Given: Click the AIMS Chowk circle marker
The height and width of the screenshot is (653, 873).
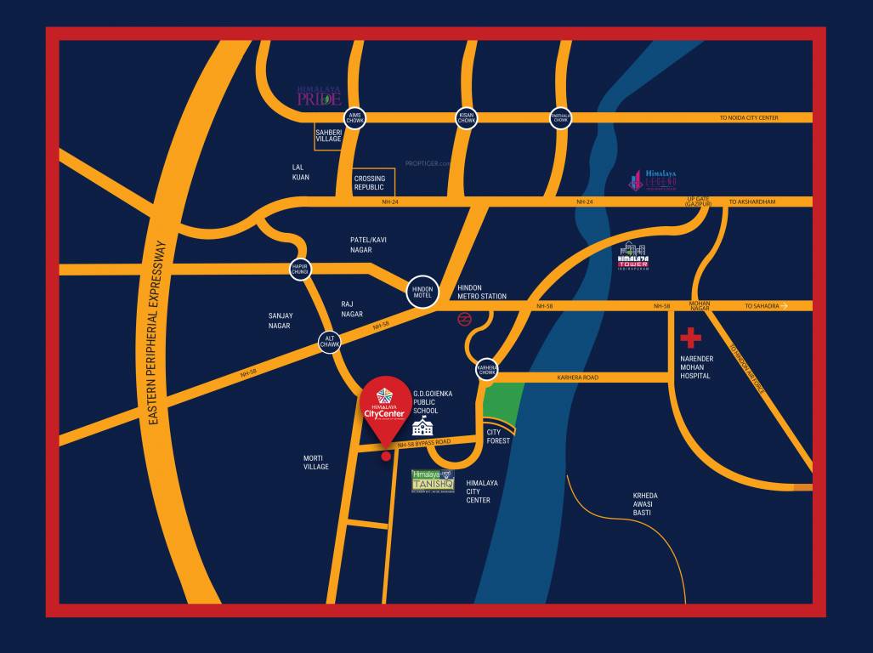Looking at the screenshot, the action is point(354,118).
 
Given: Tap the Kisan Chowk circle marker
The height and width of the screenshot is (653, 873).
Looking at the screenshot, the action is point(466,118).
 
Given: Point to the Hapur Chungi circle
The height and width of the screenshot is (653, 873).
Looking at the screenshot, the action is point(299,268).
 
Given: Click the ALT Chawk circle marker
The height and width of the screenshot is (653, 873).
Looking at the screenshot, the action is point(330,342).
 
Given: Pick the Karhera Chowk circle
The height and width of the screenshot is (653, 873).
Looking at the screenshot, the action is point(486,368).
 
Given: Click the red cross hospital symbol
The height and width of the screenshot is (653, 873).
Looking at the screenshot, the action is point(690,338).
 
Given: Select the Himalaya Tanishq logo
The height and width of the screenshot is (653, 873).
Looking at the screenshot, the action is point(434,480).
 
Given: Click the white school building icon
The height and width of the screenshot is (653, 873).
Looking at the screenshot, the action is point(422,428).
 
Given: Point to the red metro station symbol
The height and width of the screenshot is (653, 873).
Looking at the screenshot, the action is point(464,319).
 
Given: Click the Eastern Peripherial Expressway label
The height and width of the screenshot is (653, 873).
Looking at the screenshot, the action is point(158,332).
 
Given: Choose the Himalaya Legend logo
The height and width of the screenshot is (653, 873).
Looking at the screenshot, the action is point(654,179).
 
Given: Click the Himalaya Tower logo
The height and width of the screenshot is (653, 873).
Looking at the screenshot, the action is point(634,256).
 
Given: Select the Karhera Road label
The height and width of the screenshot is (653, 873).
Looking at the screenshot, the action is point(577,377).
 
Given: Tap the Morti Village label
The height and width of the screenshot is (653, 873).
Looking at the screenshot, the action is point(315,462).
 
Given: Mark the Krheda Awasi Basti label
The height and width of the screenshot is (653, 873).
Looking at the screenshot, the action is point(644,504).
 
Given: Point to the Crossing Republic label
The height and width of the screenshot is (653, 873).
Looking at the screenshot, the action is point(370,183).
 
